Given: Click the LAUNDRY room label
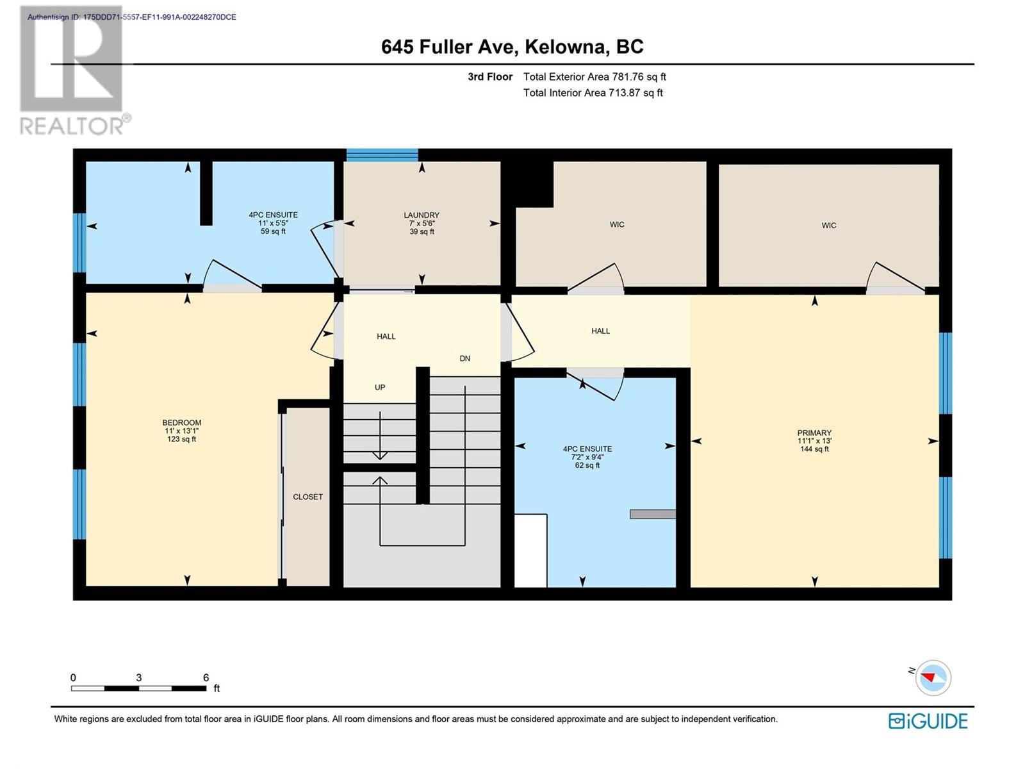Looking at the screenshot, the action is (x=421, y=215).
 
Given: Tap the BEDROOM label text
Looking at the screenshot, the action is (x=182, y=422).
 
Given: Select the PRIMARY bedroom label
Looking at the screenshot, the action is (x=814, y=433).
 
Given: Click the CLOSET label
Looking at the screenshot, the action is (x=307, y=497).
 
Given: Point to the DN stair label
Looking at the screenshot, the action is (x=464, y=359).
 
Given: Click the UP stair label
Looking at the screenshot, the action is (x=380, y=387).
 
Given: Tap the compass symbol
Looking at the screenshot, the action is (x=933, y=677).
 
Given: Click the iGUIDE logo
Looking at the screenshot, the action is (x=928, y=721).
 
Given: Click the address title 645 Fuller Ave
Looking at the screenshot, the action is (x=448, y=47).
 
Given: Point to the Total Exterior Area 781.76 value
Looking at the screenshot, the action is (x=594, y=76).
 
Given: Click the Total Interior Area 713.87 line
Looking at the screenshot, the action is (x=593, y=92).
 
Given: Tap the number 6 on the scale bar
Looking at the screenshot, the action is (x=206, y=677).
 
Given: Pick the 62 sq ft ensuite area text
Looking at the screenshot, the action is (x=587, y=465).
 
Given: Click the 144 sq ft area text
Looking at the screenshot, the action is (x=814, y=449).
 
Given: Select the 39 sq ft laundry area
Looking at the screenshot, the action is (x=421, y=231).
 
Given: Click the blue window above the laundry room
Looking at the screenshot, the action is (x=382, y=155).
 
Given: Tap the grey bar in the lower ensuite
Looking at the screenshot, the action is (x=652, y=514).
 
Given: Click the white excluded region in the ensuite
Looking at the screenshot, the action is (x=530, y=550).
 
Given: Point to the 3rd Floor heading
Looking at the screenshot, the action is (x=490, y=76).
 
